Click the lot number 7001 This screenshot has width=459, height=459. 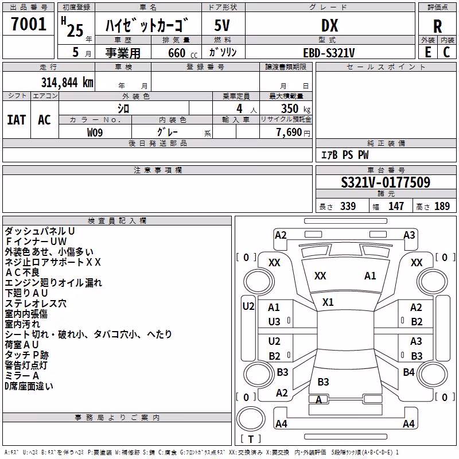(29, 24)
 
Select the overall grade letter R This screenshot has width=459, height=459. (437, 26)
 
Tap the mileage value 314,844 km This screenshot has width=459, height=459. (67, 82)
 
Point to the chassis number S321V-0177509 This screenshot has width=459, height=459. (386, 182)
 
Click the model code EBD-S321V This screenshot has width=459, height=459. (329, 53)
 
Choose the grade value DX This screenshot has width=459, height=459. (329, 25)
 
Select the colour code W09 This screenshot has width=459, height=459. (95, 133)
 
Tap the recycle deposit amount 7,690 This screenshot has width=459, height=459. (289, 133)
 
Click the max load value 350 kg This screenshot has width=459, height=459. (295, 108)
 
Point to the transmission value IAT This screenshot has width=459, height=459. (16, 120)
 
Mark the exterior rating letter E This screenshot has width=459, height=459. (428, 52)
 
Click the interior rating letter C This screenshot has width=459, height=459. (446, 52)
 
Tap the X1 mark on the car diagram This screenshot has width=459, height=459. (328, 302)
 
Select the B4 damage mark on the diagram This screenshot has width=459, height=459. (409, 372)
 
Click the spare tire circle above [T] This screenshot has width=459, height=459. (251, 419)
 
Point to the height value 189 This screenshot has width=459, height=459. (442, 206)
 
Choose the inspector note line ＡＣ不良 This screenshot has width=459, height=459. (22, 272)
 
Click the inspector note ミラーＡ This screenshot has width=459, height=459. (22, 376)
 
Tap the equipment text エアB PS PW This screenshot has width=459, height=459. (345, 154)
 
